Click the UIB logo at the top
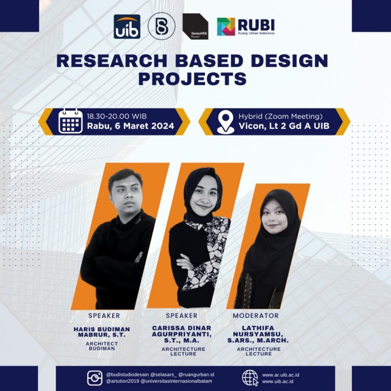(127, 26)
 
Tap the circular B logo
(162, 26)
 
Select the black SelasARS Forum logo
(195, 26)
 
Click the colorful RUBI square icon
(226, 26)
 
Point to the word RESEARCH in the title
(112, 61)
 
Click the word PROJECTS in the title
(192, 79)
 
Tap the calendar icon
(71, 121)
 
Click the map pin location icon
(226, 122)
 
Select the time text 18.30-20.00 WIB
(117, 116)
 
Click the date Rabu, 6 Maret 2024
(131, 126)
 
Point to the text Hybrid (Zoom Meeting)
(281, 116)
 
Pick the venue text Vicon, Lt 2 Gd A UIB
(284, 126)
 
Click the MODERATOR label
(256, 315)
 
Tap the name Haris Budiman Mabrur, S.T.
(102, 332)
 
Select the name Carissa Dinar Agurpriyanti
(182, 331)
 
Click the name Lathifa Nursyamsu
(258, 331)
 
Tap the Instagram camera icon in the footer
(95, 378)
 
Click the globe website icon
(250, 378)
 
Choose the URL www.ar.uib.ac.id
(281, 375)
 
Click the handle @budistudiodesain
(128, 375)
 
